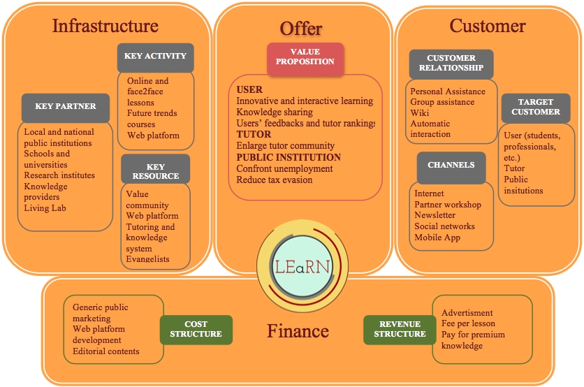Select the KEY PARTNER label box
point(66,107)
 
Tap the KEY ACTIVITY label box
point(156,56)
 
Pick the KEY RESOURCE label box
point(156,170)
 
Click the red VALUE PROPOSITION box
point(305,57)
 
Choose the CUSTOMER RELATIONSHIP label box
point(451,63)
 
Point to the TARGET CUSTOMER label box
point(536,107)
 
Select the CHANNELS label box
point(451,166)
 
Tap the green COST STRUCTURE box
point(196,329)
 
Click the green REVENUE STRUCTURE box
point(400,329)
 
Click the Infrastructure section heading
point(105,26)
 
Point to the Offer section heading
point(301,29)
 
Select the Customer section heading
point(488,26)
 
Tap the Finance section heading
point(298,330)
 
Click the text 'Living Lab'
point(45,208)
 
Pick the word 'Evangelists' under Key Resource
point(148,259)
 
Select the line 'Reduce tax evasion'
point(275,180)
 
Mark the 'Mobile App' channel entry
point(437,238)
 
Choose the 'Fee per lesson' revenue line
point(468,324)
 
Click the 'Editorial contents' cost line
point(106,351)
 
